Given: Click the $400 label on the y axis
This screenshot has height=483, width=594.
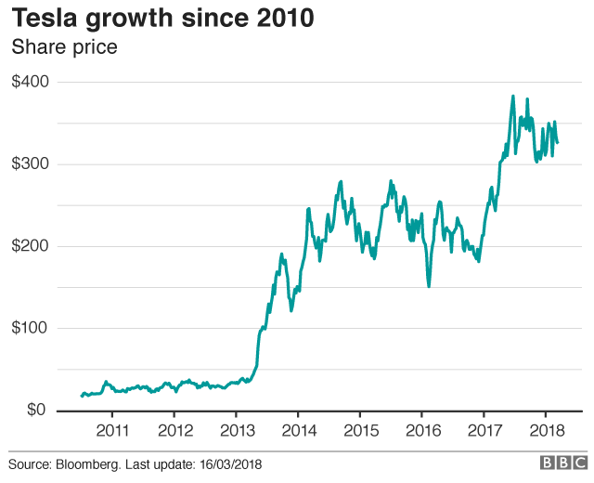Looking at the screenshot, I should pyautogui.click(x=31, y=82).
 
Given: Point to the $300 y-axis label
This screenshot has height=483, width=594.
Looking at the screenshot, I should pyautogui.click(x=31, y=164).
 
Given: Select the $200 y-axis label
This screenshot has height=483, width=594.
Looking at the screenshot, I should pyautogui.click(x=31, y=246).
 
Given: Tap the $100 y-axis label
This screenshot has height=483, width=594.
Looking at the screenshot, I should pyautogui.click(x=31, y=328).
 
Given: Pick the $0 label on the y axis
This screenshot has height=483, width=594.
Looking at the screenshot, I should pyautogui.click(x=38, y=410).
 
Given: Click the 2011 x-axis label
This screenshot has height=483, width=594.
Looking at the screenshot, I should pyautogui.click(x=112, y=431).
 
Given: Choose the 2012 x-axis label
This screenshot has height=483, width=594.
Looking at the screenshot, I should pyautogui.click(x=174, y=431).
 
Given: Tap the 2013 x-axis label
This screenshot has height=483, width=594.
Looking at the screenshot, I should pyautogui.click(x=236, y=431).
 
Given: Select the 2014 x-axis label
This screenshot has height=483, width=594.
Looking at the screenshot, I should pyautogui.click(x=298, y=431).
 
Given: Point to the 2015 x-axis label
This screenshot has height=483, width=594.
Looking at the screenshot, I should pyautogui.click(x=360, y=431).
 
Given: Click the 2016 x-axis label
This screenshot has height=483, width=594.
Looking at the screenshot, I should pyautogui.click(x=421, y=431).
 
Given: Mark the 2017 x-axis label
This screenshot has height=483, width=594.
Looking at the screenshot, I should pyautogui.click(x=484, y=431).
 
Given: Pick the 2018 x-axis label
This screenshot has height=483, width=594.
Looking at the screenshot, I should pyautogui.click(x=546, y=431).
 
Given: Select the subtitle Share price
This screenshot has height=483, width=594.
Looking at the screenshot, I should pyautogui.click(x=64, y=46).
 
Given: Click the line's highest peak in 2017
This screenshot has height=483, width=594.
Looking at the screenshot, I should pyautogui.click(x=513, y=96).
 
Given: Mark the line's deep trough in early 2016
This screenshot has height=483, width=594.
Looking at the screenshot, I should pyautogui.click(x=429, y=286).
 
